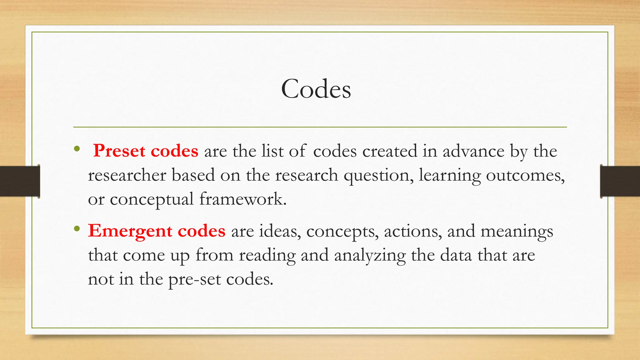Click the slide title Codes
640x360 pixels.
point(316,89)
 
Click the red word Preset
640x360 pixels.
point(119,151)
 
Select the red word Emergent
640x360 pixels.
point(130,231)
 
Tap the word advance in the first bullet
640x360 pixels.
point(473,151)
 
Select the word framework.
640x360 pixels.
point(242,199)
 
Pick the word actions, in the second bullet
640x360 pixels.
point(413,232)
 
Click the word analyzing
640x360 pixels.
point(370,256)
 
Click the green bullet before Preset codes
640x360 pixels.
point(77,149)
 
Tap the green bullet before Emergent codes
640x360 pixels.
point(77,229)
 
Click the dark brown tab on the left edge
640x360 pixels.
point(20,181)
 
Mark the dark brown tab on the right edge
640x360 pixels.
point(620,181)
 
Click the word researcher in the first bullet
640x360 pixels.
point(127,175)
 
